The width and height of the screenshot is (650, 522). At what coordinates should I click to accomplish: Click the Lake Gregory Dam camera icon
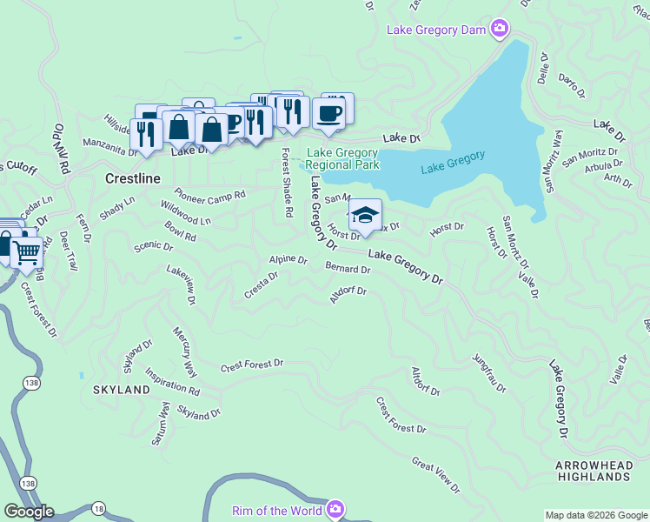tap(500, 30)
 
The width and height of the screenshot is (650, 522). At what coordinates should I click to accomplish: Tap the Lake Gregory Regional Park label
tap(342, 158)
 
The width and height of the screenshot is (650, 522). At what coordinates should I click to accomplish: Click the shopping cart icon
tap(27, 252)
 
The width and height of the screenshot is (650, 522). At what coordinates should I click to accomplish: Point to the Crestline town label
tap(132, 178)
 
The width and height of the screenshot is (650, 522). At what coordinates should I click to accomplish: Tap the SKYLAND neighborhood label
tap(122, 390)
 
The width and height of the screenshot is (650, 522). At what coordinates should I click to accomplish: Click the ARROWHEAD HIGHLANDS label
tap(594, 471)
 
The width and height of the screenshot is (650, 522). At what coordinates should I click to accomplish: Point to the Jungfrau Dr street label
tap(488, 372)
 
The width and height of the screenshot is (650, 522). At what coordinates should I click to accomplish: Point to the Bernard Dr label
tap(348, 269)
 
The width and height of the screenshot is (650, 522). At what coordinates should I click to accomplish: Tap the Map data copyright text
tap(596, 515)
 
